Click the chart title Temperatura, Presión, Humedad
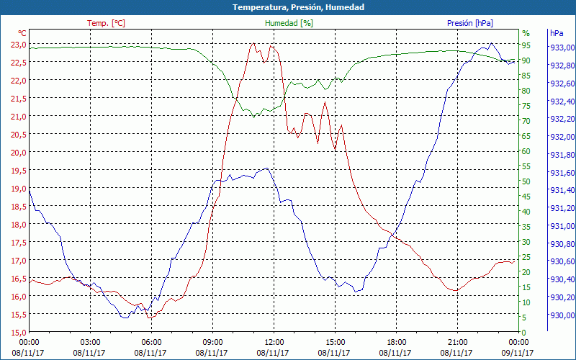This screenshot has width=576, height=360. click(x=288, y=7)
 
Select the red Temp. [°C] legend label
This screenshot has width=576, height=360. click(x=106, y=23)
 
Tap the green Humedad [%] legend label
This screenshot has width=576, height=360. click(x=289, y=23)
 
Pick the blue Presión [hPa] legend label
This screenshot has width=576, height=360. click(x=469, y=23)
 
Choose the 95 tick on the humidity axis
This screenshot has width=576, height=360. click(x=526, y=45)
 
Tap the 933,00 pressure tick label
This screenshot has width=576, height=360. click(x=562, y=48)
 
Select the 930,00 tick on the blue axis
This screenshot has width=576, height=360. click(x=562, y=315)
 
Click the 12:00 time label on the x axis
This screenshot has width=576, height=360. click(x=274, y=342)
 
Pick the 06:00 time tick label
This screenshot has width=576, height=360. click(x=151, y=342)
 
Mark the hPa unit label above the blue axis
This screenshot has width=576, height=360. click(x=557, y=33)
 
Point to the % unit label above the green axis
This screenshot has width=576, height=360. click(x=526, y=33)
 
